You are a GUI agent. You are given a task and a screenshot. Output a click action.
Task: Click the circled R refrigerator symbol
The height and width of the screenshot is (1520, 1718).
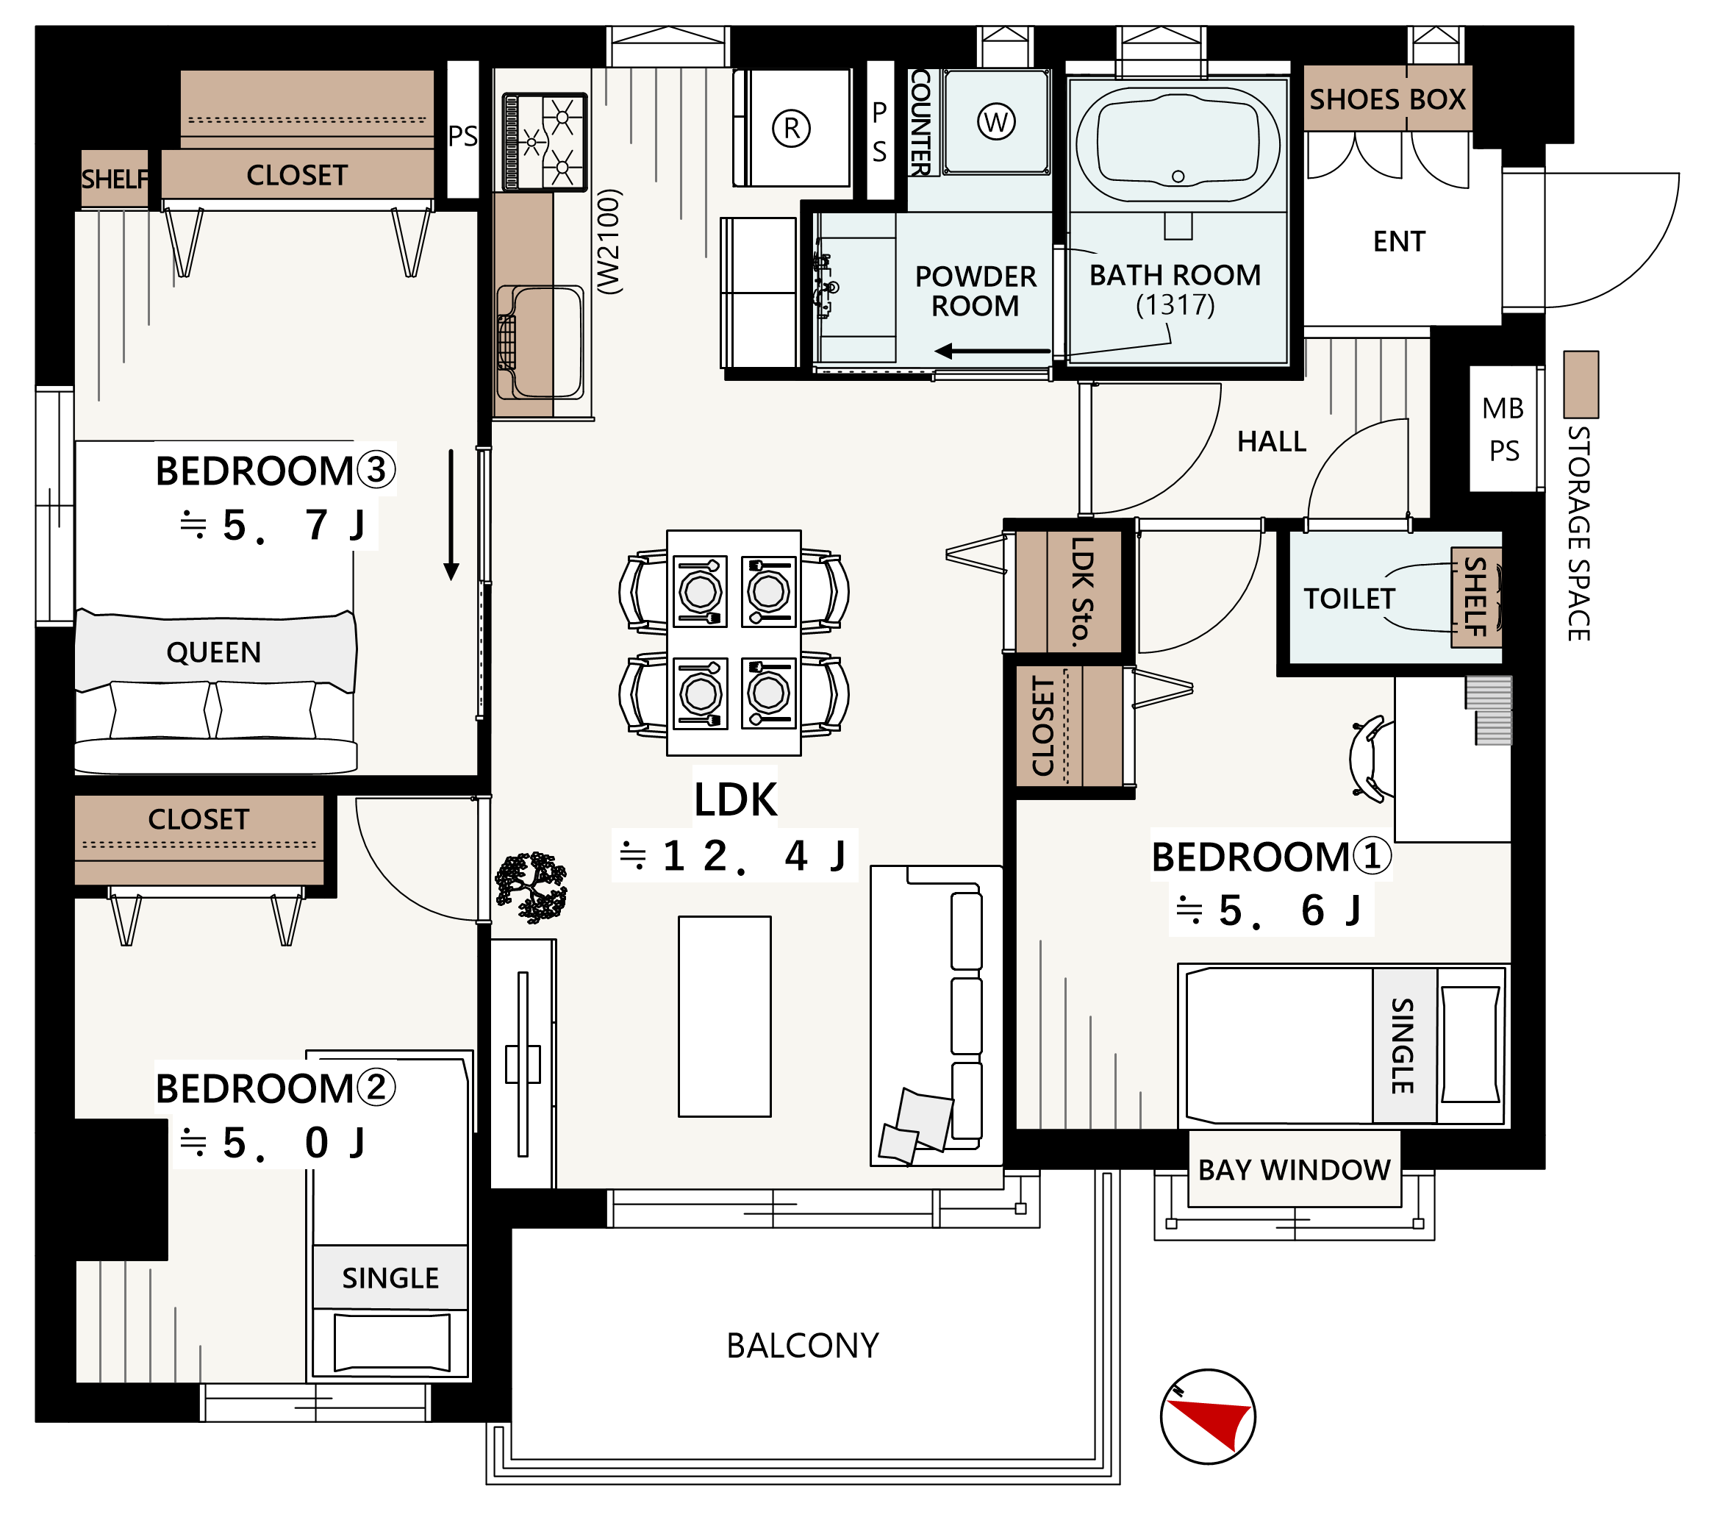coord(791,129)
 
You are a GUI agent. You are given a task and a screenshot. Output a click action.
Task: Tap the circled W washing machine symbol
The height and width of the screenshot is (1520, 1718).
coord(996,122)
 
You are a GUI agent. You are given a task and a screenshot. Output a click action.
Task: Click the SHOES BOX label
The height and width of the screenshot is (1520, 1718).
coord(1387,99)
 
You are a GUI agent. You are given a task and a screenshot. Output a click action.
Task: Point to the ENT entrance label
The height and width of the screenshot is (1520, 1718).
coord(1400,241)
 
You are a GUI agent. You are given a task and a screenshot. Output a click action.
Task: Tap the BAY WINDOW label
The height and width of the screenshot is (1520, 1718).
coord(1294,1169)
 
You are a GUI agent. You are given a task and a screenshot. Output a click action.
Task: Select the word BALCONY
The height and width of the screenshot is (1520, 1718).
coord(803,1346)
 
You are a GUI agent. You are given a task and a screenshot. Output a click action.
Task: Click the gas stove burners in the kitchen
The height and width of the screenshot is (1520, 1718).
coord(545,142)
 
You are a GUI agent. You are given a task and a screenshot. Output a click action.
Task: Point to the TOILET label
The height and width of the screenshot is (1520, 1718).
coord(1349,599)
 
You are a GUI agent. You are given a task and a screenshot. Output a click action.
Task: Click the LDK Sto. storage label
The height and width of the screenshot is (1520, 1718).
coord(1083,592)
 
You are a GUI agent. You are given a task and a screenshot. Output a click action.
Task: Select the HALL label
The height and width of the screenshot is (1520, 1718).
coord(1272,441)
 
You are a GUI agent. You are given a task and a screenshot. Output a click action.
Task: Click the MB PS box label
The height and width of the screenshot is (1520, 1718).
coord(1503,429)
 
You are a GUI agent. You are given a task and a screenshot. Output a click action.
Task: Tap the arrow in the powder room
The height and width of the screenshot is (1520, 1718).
coord(992,351)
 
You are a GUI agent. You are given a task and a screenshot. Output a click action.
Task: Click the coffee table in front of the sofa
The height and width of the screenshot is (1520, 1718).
coord(725,1016)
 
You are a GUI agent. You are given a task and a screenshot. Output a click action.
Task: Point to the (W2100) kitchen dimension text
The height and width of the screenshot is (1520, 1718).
coord(609,241)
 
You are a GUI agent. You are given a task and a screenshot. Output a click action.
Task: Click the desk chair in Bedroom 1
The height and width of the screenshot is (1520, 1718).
coord(1367,758)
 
